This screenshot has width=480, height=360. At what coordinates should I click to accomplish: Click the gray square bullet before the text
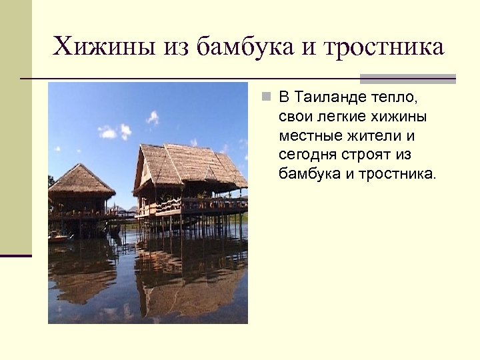point(266,97)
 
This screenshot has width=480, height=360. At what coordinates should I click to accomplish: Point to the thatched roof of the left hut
point(81,179)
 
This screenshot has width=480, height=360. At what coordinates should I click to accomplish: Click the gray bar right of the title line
point(407,78)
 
